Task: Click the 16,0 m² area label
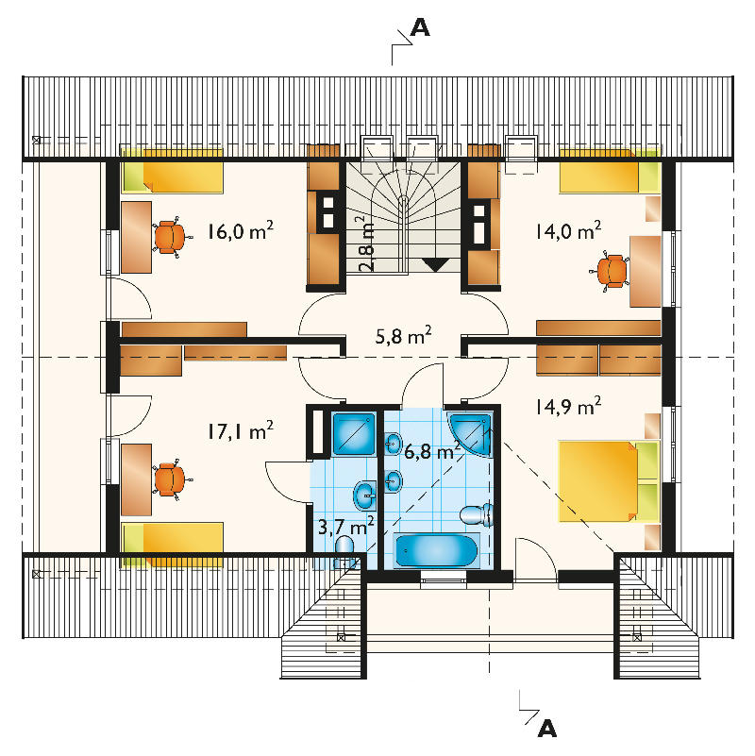[x=241, y=230]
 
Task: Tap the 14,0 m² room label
[x=568, y=230]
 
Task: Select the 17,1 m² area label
[x=241, y=430]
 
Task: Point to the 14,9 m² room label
[x=568, y=406]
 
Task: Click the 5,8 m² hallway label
[x=403, y=335]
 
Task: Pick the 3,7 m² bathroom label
[x=346, y=526]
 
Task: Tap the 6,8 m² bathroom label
[x=432, y=451]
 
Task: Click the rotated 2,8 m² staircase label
[x=366, y=244]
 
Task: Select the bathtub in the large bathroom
[x=436, y=550]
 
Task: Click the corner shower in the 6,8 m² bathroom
[x=470, y=433]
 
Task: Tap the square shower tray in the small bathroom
[x=354, y=434]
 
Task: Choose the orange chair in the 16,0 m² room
[x=170, y=237]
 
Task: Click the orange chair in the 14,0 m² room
[x=611, y=272]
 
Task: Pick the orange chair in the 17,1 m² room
[x=170, y=479]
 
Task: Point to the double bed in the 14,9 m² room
[x=609, y=480]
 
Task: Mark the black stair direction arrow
[x=436, y=264]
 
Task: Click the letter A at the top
[x=419, y=28]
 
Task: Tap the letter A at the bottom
[x=547, y=728]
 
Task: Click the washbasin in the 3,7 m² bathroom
[x=365, y=496]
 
